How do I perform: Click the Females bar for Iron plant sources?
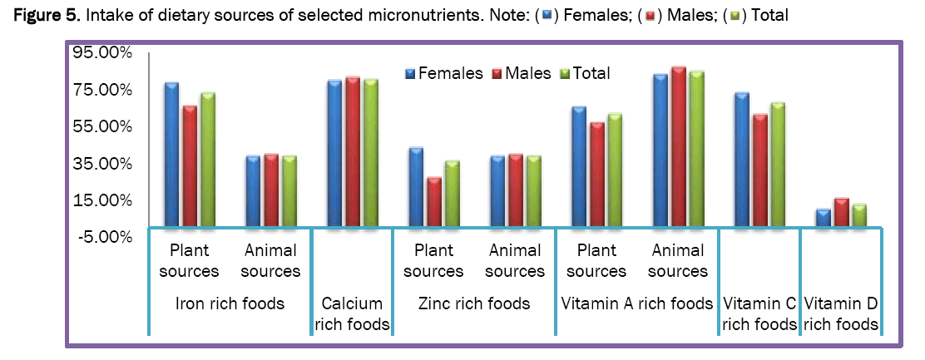tap(172, 155)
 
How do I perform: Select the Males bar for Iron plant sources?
tap(190, 166)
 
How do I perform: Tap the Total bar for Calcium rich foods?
tap(370, 153)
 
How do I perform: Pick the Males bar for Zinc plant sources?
tap(433, 202)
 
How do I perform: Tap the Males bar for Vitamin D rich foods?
tap(841, 213)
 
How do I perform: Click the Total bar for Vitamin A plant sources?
tap(615, 170)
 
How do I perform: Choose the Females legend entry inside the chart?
tap(444, 73)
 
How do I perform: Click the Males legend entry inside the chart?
tap(523, 73)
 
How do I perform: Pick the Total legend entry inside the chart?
tap(586, 73)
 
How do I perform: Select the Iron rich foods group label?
tap(230, 303)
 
